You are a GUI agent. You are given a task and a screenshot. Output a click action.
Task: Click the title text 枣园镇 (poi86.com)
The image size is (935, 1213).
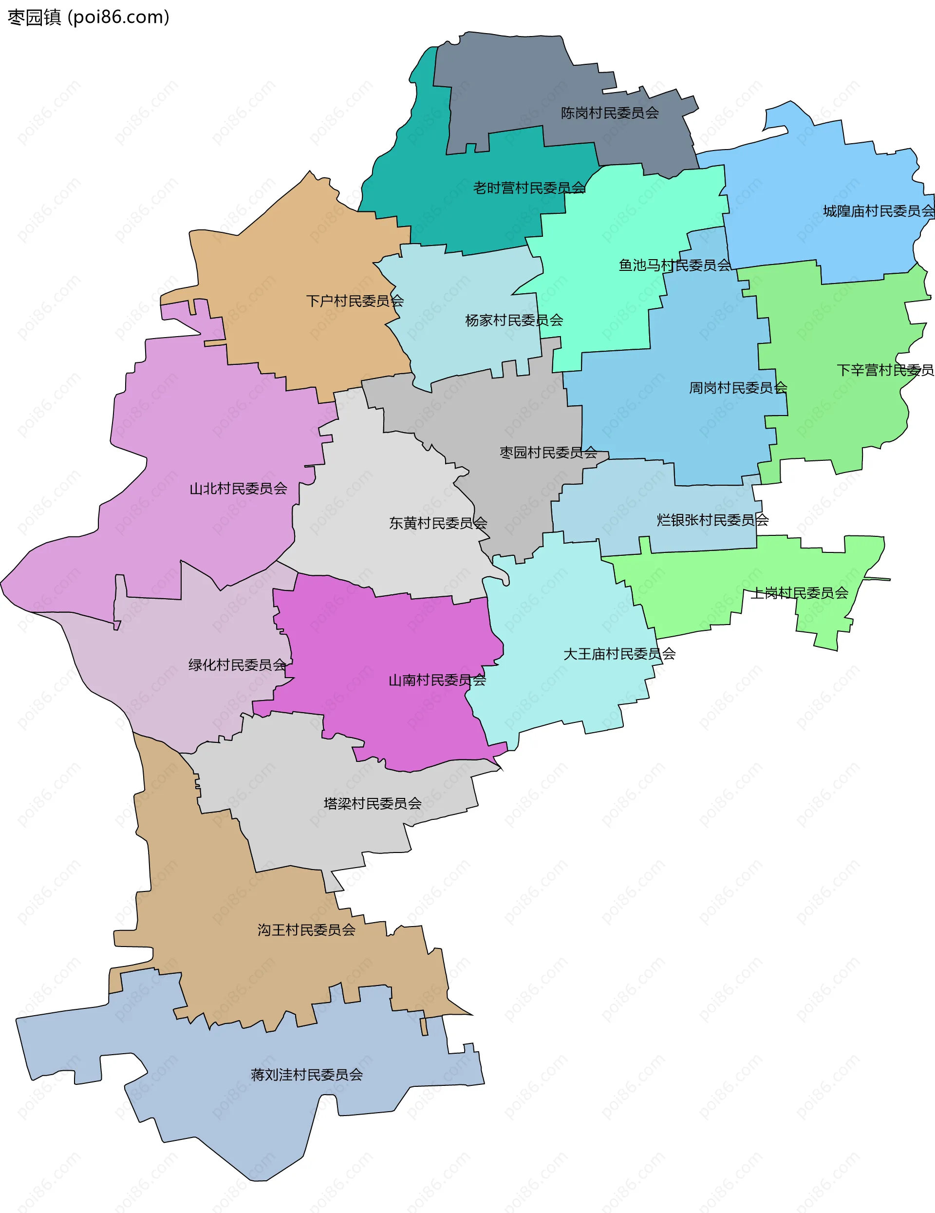[88, 17]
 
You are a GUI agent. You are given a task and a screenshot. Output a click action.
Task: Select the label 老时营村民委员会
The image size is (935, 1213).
[529, 188]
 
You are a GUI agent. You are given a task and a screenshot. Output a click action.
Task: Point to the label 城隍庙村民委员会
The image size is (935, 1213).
[879, 211]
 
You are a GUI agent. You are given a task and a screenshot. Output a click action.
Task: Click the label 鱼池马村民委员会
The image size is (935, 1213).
[674, 265]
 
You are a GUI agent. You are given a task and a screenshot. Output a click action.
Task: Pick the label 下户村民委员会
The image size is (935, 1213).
[355, 301]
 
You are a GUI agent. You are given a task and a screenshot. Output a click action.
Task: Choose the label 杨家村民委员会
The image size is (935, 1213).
[514, 320]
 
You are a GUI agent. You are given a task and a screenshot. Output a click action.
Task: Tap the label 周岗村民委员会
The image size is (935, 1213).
[738, 387]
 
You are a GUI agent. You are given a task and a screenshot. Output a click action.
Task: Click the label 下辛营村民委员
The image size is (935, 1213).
[885, 370]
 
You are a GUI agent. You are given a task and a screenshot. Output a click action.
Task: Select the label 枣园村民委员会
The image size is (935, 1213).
[548, 452]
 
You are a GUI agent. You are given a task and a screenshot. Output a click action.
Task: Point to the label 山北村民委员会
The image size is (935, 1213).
[238, 488]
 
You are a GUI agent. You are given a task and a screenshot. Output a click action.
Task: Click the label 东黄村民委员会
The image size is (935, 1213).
[438, 523]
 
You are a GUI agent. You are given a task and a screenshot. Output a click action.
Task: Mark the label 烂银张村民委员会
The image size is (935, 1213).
[712, 520]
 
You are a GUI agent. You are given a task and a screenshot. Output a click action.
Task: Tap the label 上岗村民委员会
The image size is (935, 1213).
[800, 593]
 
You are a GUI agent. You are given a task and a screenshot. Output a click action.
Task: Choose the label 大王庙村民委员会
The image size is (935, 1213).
[619, 654]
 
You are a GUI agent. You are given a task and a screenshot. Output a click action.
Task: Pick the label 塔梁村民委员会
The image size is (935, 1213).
[373, 803]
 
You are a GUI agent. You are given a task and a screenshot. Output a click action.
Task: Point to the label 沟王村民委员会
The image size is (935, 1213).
[306, 930]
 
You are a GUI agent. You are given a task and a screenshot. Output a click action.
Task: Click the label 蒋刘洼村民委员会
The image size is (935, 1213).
[306, 1075]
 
